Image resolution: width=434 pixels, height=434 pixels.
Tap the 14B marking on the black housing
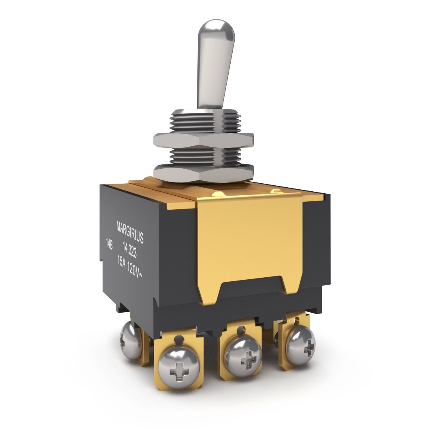point(109,244)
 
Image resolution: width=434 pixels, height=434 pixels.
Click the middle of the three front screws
point(243,356)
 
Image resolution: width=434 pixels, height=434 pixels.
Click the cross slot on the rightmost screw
point(308,346)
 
